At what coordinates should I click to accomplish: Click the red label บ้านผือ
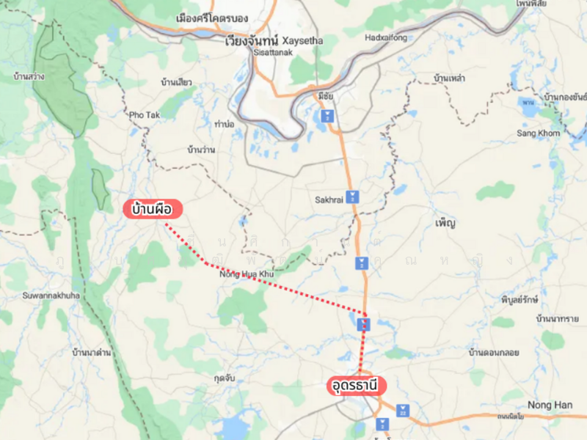(x=152, y=210)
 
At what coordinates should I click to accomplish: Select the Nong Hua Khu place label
(x=247, y=274)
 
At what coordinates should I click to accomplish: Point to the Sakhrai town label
(x=329, y=199)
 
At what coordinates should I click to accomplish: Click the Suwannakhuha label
(x=51, y=296)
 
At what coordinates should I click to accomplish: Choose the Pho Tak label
(x=144, y=115)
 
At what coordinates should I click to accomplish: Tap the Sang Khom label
(x=538, y=133)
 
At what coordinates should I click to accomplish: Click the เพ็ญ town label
(x=445, y=222)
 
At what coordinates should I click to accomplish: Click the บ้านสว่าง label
(x=29, y=76)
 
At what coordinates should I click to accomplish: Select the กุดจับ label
(x=224, y=378)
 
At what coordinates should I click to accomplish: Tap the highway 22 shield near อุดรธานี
(x=403, y=410)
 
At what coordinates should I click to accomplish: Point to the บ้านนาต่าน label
(x=92, y=353)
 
